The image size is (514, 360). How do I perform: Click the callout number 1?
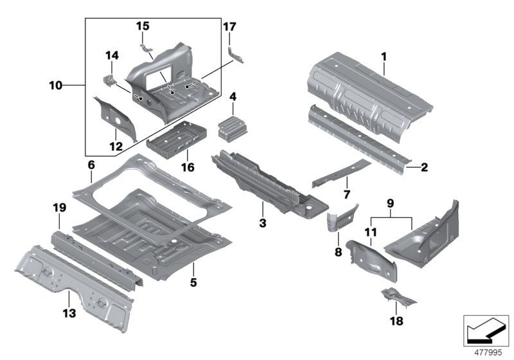tap(384, 57)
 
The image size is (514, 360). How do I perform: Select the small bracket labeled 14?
tap(109, 80)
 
